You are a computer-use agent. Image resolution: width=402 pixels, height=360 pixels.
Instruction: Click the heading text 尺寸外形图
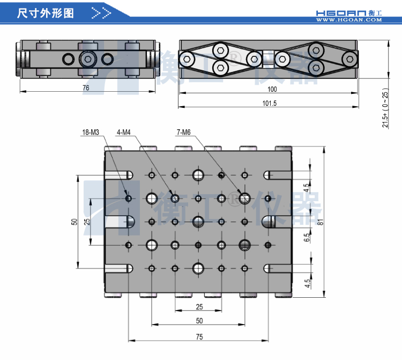[x=45, y=13]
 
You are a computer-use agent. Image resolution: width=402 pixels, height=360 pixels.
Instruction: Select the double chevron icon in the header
[x=101, y=13]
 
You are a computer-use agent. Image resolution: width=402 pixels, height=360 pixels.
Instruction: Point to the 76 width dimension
[x=86, y=87]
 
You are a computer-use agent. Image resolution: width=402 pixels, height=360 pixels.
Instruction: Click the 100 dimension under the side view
[x=272, y=89]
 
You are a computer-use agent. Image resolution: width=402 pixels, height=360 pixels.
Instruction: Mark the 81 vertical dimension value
[x=320, y=222]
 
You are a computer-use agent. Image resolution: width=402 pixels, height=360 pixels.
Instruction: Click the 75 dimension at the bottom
[x=199, y=336]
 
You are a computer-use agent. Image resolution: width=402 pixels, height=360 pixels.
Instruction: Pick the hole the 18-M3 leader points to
[x=129, y=199]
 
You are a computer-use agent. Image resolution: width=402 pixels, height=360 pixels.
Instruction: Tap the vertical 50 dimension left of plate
[x=75, y=222]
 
